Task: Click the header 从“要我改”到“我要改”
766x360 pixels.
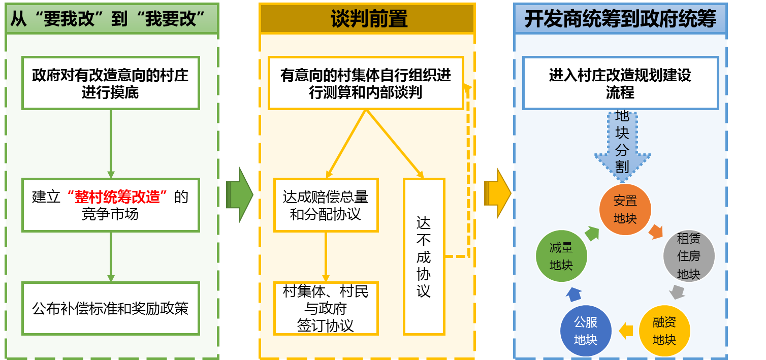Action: (x=111, y=19)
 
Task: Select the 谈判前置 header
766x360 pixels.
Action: (x=367, y=19)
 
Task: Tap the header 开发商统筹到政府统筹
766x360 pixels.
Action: (x=620, y=19)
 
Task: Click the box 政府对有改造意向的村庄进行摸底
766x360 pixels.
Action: (x=110, y=83)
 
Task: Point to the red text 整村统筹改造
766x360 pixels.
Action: (x=121, y=196)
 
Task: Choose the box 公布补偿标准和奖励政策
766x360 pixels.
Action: (x=110, y=308)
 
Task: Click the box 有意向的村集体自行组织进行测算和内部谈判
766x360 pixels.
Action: (x=366, y=83)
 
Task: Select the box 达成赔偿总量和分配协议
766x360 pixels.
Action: (x=326, y=205)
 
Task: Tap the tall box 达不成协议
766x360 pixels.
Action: (x=424, y=256)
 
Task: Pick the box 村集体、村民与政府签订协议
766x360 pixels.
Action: (x=326, y=308)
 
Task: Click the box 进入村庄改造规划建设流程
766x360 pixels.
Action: (x=620, y=83)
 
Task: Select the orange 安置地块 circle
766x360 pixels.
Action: (x=625, y=209)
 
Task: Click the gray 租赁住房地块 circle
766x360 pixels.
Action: (x=689, y=256)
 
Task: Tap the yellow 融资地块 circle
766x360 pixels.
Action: (x=664, y=331)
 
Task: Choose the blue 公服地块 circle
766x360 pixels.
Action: (x=585, y=331)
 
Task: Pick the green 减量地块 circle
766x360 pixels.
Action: (x=561, y=256)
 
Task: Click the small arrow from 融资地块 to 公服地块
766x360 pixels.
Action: (x=626, y=331)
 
